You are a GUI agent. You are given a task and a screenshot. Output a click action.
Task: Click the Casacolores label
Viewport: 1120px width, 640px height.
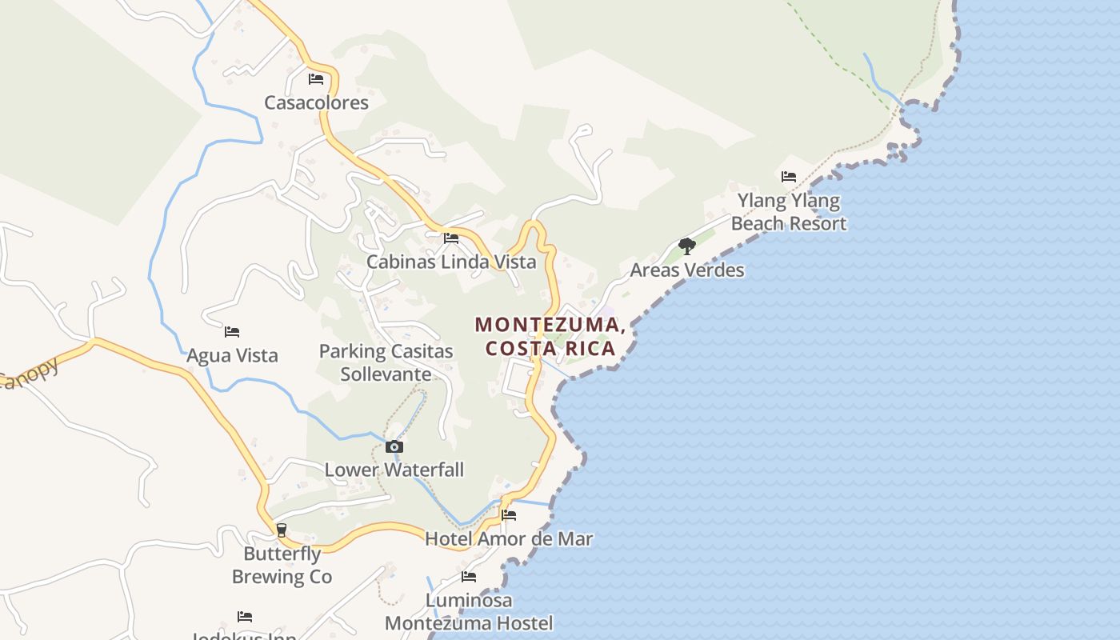coord(317,102)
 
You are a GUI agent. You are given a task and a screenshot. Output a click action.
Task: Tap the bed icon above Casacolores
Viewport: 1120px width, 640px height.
coord(316,79)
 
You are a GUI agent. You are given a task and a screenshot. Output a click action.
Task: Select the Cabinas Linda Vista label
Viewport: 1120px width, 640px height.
coord(451,262)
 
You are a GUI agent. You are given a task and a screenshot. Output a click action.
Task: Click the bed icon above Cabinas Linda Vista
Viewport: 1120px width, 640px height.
coord(451,238)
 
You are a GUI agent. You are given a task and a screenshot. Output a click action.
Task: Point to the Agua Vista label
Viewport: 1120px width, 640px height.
coord(232,355)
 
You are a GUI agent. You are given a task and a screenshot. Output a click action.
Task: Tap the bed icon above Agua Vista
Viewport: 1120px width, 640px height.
coord(232,331)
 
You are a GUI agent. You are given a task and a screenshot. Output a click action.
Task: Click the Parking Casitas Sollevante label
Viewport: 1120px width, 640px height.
coord(386,362)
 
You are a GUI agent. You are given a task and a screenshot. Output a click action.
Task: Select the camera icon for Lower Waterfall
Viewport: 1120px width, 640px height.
coord(394,447)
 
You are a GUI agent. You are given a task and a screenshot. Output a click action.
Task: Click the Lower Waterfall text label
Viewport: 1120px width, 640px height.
coord(394,470)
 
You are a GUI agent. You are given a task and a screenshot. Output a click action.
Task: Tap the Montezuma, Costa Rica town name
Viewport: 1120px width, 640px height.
coord(550,337)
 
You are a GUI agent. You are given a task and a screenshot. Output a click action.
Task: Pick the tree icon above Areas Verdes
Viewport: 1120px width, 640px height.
coord(686,246)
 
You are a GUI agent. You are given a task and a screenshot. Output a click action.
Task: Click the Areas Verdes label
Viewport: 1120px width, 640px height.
coord(687,270)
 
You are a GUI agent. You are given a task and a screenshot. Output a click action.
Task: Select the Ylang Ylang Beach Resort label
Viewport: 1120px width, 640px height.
coord(789,212)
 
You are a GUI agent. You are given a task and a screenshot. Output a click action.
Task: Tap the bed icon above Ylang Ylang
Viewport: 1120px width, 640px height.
coord(789,177)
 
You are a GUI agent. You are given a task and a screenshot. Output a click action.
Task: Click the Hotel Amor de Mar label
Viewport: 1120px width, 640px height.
coord(509,538)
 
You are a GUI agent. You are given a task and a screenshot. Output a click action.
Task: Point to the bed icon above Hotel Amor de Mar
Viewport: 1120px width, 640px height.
coord(509,515)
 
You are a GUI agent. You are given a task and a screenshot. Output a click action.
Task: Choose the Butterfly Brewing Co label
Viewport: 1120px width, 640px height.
coord(282,565)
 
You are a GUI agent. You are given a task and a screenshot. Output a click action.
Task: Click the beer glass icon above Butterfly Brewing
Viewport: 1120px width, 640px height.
coord(282,530)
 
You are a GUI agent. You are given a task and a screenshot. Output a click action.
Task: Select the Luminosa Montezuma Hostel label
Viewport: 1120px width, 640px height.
coord(469,611)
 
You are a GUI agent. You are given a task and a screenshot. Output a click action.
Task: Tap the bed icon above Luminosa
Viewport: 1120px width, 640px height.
coord(469,577)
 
